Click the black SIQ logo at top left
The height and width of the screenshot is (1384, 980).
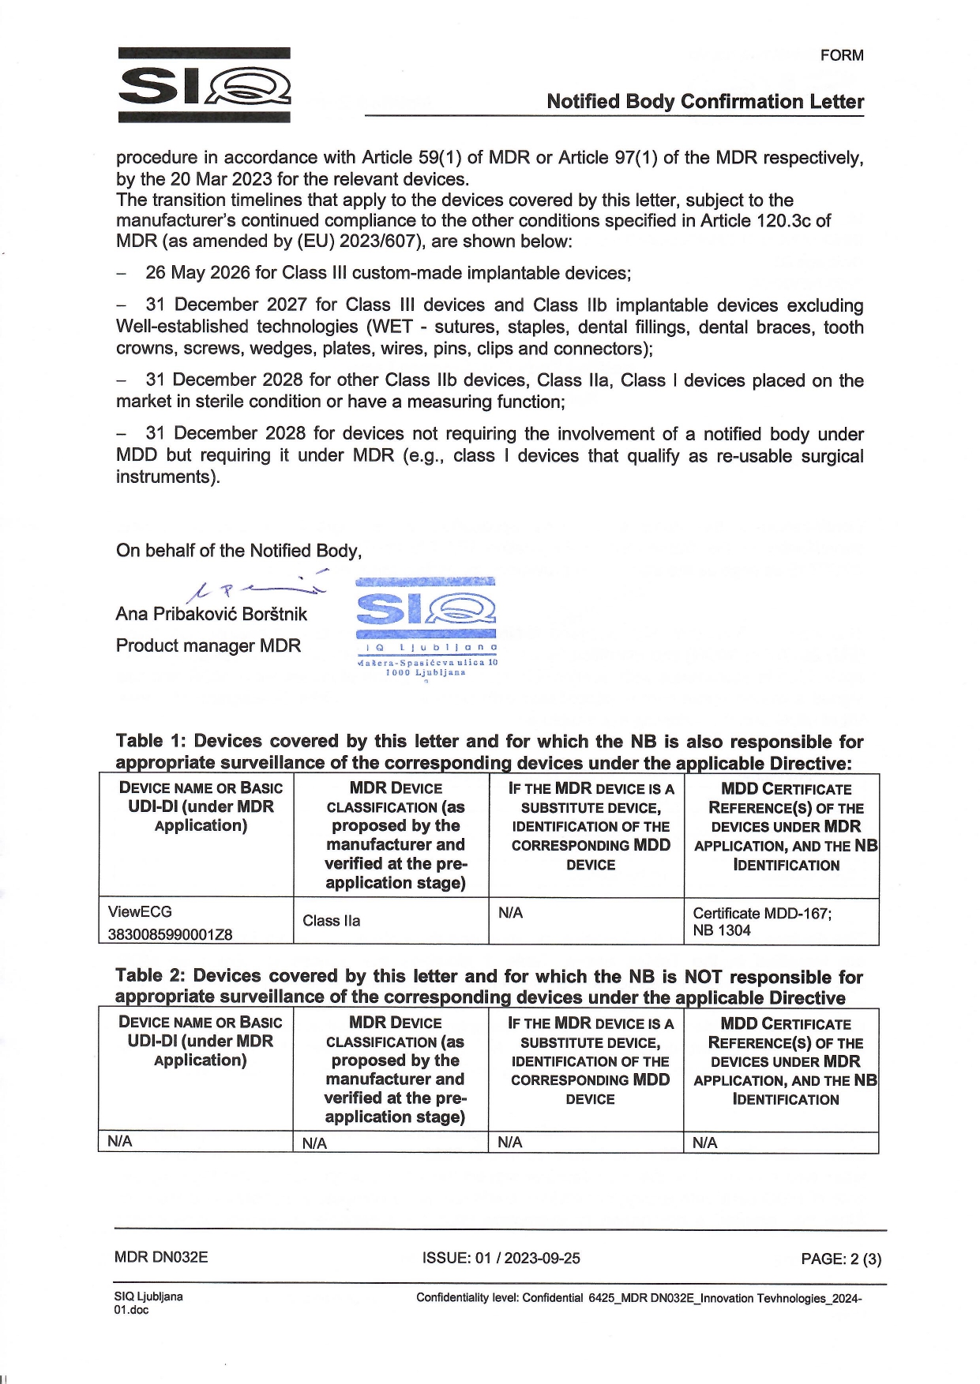(204, 85)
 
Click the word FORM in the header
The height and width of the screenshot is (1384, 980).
(842, 55)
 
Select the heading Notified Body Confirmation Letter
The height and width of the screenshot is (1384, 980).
(704, 102)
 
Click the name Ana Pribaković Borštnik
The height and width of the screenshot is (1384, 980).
(211, 614)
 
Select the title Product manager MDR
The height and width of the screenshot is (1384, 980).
(208, 645)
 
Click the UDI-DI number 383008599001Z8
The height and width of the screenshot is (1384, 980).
(170, 934)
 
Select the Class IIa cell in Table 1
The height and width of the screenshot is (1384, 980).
(331, 921)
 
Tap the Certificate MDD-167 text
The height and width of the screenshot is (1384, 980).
(761, 913)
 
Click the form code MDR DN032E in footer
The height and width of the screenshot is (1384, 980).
(161, 1258)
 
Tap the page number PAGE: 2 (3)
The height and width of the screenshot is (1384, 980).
(840, 1259)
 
